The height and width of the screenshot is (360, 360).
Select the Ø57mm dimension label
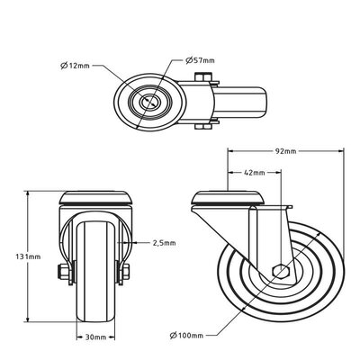coord(200,60)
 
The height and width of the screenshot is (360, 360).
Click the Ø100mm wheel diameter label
coord(184,337)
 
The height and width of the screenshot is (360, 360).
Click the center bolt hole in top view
coord(144,102)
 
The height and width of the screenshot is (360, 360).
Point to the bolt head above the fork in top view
coord(206,76)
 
